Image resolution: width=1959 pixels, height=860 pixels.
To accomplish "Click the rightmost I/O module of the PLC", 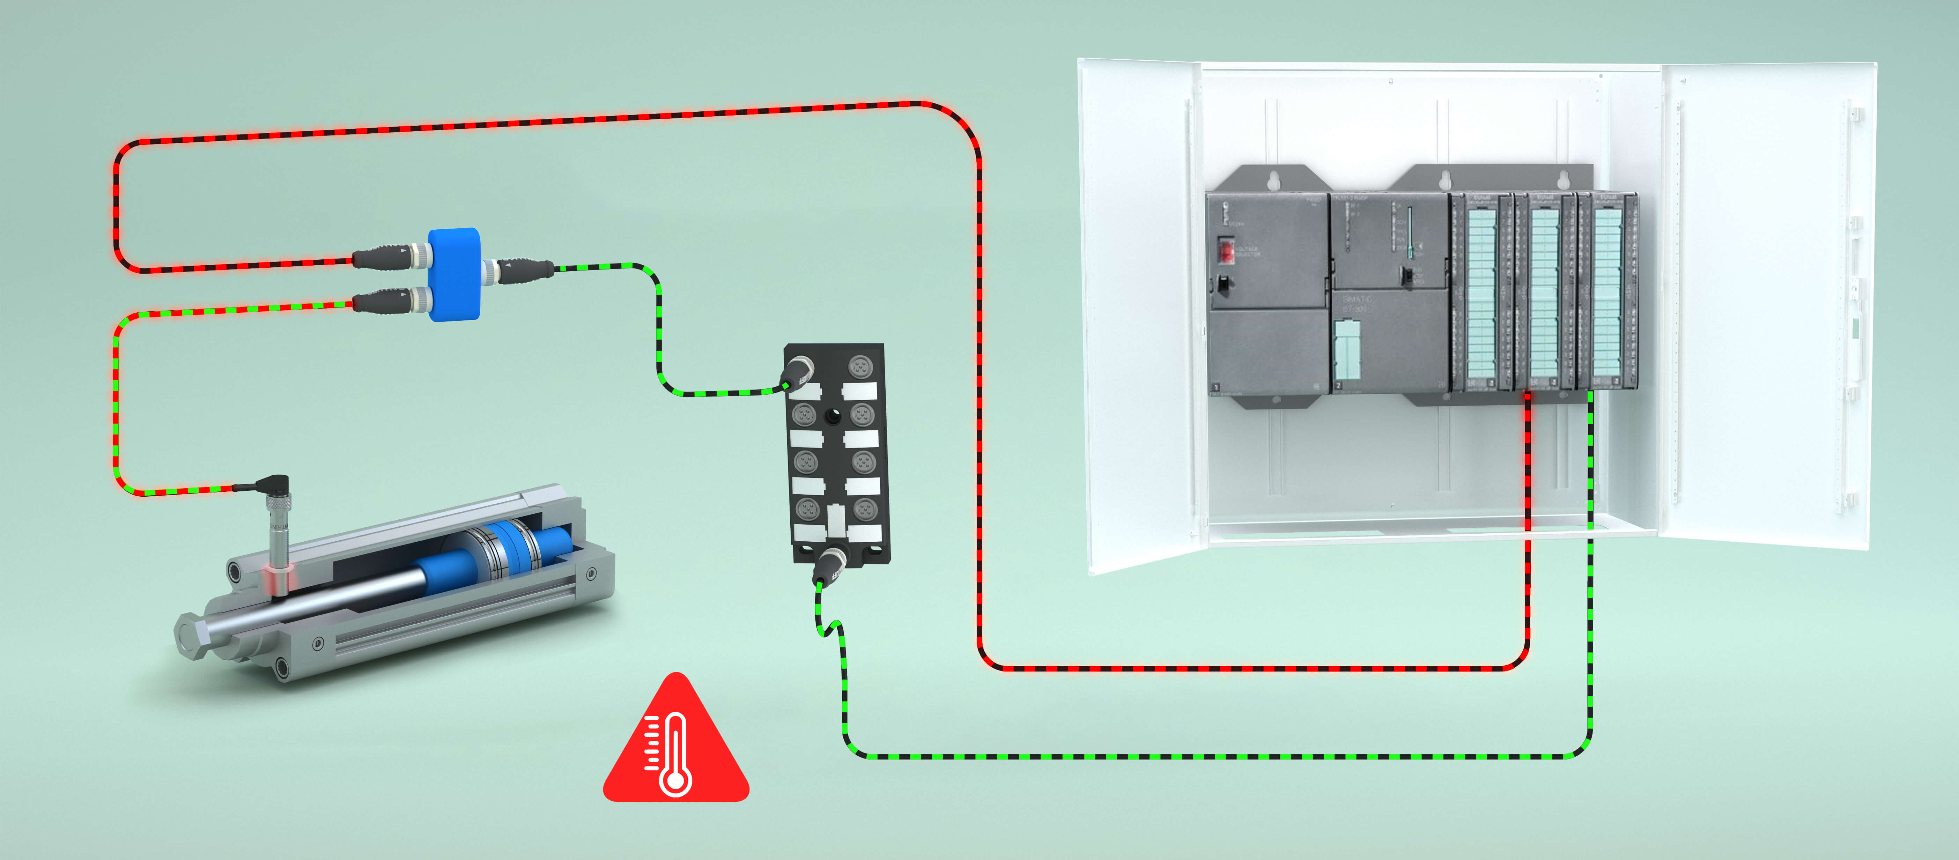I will click(x=1607, y=293).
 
